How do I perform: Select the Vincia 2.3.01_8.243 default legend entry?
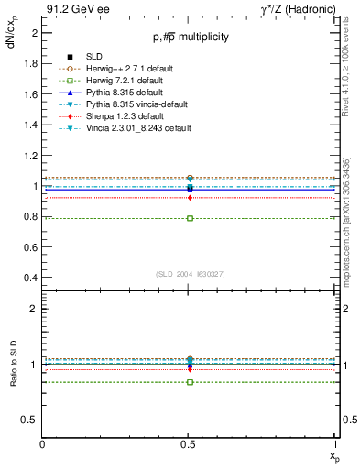[131, 128]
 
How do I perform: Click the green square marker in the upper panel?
[190, 218]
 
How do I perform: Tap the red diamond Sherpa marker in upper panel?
[190, 198]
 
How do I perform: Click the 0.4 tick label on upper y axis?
[31, 278]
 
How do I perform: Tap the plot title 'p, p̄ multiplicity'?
[191, 37]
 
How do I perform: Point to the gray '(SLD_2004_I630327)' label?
[191, 274]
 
